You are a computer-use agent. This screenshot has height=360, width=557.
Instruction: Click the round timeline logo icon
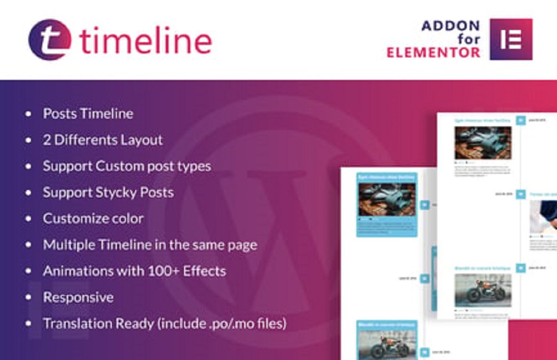50,39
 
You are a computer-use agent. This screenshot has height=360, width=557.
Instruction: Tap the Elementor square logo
511,39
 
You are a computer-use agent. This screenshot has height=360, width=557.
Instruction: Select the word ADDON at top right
450,25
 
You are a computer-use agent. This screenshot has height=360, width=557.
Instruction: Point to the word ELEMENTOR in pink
433,53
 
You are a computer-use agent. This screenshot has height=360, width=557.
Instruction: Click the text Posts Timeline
88,114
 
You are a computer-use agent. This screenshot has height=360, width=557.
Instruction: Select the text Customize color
93,219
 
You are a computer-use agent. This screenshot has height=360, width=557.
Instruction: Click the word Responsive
78,297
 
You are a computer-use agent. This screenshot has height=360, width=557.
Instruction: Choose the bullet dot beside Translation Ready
29,324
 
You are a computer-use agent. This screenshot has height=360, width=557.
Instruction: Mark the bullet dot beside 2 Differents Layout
29,140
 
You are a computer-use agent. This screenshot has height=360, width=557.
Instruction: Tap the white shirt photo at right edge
544,217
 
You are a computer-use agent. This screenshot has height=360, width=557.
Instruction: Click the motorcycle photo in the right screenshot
483,290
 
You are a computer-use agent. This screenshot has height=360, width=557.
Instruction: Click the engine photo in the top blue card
387,199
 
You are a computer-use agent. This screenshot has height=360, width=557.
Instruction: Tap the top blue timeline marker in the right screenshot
520,120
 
